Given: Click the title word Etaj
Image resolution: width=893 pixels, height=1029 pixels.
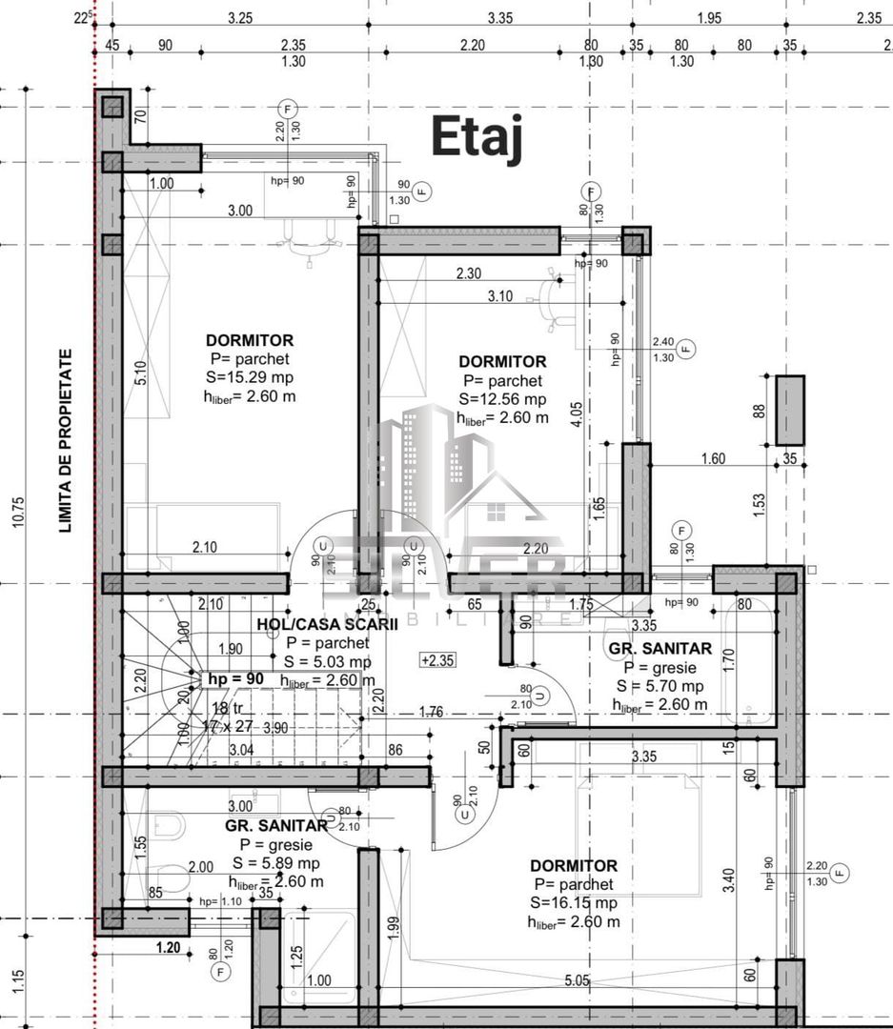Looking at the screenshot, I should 477,136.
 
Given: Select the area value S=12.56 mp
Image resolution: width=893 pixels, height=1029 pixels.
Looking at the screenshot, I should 502,399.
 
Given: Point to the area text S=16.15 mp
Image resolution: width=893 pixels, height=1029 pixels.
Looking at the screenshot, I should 574,902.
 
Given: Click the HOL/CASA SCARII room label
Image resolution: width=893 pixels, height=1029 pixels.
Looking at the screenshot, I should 315,625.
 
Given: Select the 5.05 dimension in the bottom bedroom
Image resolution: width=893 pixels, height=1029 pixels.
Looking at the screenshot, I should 577,980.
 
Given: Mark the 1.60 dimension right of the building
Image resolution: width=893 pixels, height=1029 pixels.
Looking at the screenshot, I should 712,458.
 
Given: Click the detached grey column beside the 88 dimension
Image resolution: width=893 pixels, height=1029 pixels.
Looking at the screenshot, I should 789,410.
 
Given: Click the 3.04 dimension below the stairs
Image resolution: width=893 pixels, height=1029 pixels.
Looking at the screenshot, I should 241,751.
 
